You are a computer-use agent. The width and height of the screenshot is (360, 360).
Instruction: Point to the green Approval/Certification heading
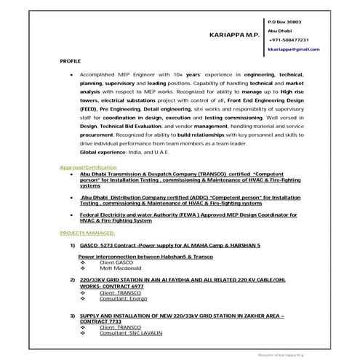[89, 167]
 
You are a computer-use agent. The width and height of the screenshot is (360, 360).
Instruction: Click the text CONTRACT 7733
[102, 321]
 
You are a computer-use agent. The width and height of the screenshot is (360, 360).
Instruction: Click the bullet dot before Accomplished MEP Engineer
[70, 74]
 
